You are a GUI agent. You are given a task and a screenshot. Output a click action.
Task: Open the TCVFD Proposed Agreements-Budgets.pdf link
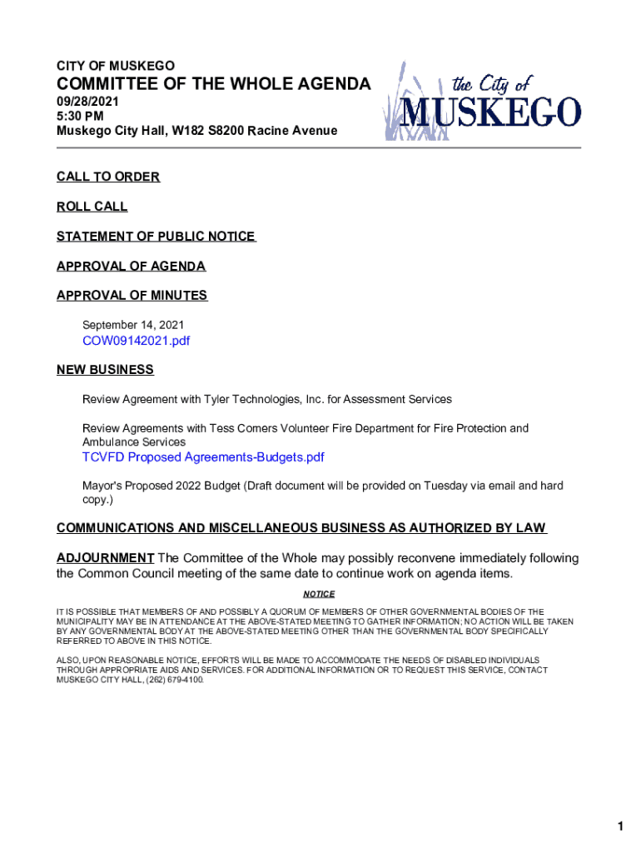202,457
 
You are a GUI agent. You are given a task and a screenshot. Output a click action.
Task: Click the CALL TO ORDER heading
108,177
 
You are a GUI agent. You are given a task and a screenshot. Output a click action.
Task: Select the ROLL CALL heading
92,207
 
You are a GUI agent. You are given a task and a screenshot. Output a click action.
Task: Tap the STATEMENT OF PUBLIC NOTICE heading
156,237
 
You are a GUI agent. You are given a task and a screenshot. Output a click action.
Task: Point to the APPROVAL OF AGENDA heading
131,267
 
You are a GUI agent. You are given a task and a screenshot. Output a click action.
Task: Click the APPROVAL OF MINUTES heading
132,296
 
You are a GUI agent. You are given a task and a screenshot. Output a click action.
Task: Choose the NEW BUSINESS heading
105,370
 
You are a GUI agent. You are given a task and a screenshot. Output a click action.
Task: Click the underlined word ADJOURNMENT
105,558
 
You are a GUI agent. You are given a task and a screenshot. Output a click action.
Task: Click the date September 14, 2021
133,325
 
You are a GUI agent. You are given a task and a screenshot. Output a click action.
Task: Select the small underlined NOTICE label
318,594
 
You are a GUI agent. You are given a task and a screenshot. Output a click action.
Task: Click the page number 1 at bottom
620,803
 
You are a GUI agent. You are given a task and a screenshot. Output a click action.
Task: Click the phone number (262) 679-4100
171,680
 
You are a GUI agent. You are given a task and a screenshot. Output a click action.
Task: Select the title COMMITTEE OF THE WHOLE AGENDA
214,83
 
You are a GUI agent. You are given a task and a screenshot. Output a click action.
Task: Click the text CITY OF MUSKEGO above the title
116,66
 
